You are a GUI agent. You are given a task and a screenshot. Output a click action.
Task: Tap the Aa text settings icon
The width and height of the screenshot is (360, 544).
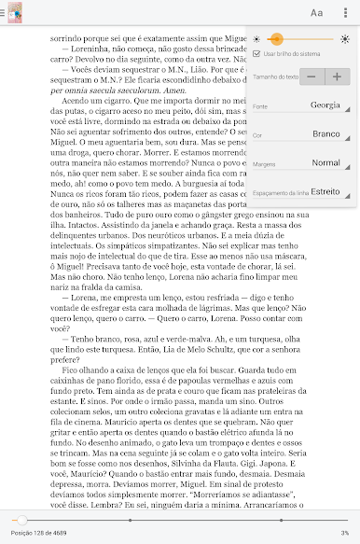[317, 12]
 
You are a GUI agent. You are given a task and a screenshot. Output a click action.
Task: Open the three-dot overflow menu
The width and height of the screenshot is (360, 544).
[347, 12]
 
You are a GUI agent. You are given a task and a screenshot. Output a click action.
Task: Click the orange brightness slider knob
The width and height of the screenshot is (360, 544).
[276, 39]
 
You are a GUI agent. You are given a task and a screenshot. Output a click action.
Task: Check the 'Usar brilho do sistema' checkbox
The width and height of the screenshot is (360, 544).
[256, 55]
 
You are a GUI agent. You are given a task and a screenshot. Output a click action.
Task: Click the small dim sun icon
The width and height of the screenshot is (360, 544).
[256, 39]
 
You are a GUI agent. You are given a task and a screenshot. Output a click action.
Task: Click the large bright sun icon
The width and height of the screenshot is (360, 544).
[345, 39]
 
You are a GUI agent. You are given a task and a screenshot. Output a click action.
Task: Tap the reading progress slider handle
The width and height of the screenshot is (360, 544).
[21, 519]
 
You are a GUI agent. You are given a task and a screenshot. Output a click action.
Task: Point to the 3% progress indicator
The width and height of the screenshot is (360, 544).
[344, 533]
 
